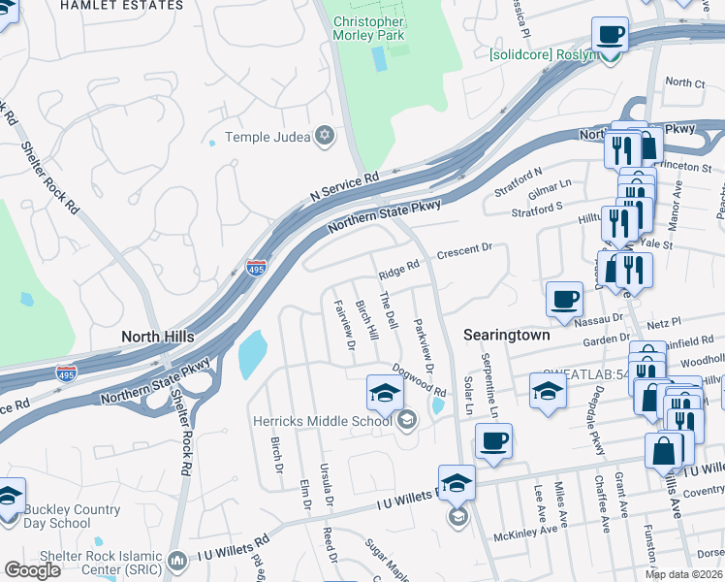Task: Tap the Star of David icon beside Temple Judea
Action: pos(326,137)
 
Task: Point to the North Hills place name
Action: pos(157,337)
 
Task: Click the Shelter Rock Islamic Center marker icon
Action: pos(176,560)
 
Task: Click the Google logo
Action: pos(32,570)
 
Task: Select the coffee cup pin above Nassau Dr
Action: pos(564,299)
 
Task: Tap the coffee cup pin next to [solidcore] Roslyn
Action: pos(610,35)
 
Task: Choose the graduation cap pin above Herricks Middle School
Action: pos(384,392)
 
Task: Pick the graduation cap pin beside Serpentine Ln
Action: pos(548,391)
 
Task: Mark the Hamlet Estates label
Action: pos(121,5)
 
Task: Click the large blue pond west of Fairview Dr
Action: pos(254,354)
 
